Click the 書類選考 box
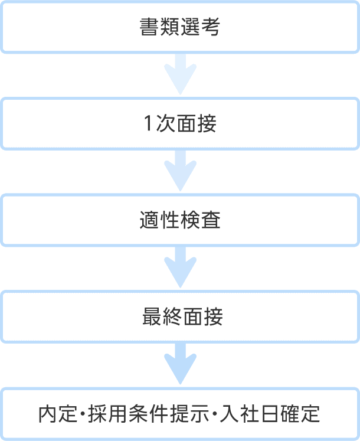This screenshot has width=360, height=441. [180, 27]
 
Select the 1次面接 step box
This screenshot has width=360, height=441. [180, 123]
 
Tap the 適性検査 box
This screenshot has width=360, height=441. [180, 220]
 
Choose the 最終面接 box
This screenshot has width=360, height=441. [180, 316]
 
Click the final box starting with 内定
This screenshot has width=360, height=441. [180, 414]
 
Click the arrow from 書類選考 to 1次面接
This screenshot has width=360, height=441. [180, 74]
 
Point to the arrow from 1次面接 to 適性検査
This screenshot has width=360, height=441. [180, 171]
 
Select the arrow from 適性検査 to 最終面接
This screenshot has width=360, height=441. [180, 267]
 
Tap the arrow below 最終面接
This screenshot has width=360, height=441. [180, 364]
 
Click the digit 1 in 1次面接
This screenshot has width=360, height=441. [148, 123]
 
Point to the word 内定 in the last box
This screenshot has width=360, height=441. [58, 414]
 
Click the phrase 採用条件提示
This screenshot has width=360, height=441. [149, 414]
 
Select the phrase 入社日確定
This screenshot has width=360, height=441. [270, 414]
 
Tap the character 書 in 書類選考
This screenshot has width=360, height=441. [149, 27]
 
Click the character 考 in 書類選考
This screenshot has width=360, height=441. [210, 27]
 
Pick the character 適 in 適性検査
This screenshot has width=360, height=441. [149, 220]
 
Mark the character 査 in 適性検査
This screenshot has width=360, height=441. [210, 220]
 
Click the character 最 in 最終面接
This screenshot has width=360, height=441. [152, 316]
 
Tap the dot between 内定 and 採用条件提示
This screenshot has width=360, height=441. [83, 414]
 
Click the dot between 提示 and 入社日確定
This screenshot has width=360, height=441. [215, 414]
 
